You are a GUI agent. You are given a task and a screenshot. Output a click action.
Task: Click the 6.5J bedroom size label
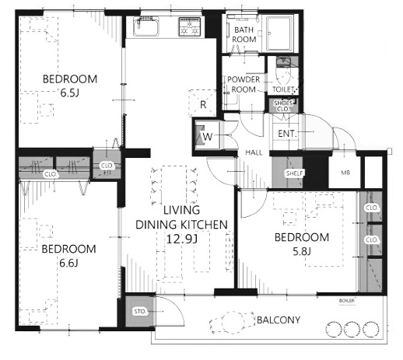69,93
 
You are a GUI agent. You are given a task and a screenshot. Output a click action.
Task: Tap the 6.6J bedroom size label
68,263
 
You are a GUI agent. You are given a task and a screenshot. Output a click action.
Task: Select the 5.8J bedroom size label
302,251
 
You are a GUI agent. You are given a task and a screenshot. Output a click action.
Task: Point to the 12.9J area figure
181,239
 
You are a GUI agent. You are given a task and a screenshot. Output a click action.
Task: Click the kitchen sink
146,26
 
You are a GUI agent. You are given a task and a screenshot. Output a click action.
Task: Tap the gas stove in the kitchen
190,26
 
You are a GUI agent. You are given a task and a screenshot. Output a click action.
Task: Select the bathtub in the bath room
279,33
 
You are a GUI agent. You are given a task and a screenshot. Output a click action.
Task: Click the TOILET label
283,89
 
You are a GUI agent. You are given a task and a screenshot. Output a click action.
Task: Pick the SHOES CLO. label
283,106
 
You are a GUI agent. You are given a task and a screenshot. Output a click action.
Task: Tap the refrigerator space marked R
202,103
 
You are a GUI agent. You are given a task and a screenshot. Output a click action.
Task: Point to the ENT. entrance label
287,134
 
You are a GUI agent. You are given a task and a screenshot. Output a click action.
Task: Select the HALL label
254,152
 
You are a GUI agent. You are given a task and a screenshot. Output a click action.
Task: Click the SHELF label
294,173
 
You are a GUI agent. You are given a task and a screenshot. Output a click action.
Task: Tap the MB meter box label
345,173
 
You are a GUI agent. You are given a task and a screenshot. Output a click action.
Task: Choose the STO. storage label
140,311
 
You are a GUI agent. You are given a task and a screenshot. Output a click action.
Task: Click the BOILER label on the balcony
347,301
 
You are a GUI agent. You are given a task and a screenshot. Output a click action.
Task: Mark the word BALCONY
279,320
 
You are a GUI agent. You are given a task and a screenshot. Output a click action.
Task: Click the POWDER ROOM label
244,85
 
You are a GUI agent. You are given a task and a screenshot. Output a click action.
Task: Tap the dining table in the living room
173,185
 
